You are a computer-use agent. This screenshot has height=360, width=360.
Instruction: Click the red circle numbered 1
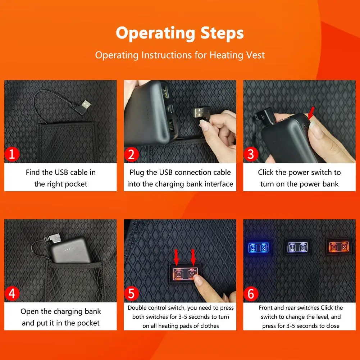(12, 154)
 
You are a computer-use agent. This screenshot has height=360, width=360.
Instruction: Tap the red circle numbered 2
(131, 154)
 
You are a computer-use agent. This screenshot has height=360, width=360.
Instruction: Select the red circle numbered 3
(251, 154)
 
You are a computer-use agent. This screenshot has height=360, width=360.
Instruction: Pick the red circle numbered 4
(12, 293)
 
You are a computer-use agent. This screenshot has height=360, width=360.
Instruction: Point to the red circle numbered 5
(131, 293)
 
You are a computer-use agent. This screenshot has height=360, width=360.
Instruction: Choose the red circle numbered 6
(251, 293)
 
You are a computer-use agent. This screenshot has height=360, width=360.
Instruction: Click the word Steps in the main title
(222, 33)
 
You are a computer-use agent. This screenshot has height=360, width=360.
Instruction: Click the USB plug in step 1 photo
(83, 107)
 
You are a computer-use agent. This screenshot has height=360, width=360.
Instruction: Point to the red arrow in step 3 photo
(311, 113)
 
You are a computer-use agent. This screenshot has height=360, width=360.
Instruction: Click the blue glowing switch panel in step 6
(258, 247)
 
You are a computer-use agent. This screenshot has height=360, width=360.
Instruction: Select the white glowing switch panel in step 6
(297, 247)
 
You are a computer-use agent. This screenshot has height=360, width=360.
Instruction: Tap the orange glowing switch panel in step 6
(339, 247)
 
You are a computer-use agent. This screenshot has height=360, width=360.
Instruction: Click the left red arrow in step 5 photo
(176, 257)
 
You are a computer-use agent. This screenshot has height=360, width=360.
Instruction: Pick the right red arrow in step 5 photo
(193, 257)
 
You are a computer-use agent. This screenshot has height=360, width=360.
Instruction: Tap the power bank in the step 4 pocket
(71, 250)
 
